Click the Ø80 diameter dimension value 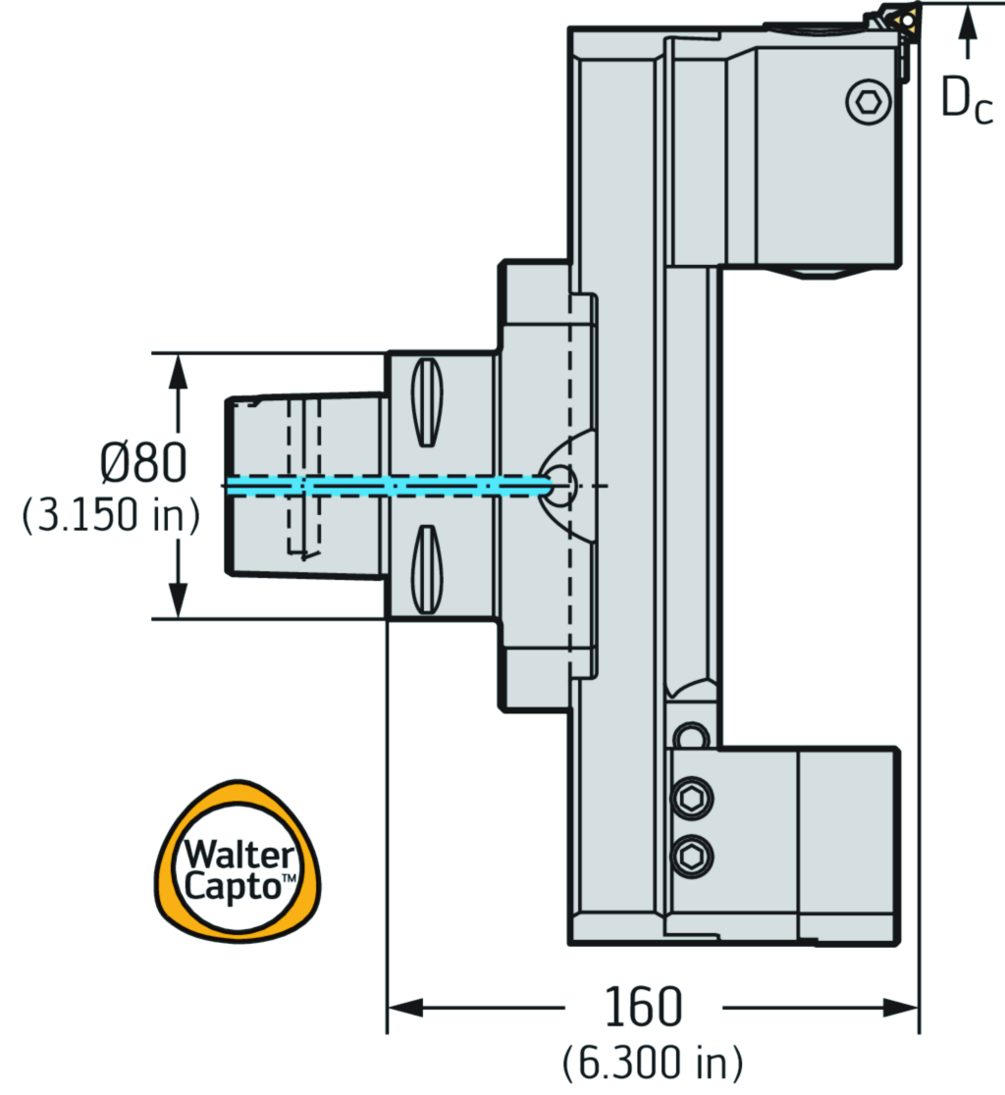(142, 463)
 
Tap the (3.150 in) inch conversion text (111, 517)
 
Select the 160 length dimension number (643, 1007)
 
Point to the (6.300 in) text (653, 1062)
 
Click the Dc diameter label (967, 98)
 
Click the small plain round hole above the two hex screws (693, 736)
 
